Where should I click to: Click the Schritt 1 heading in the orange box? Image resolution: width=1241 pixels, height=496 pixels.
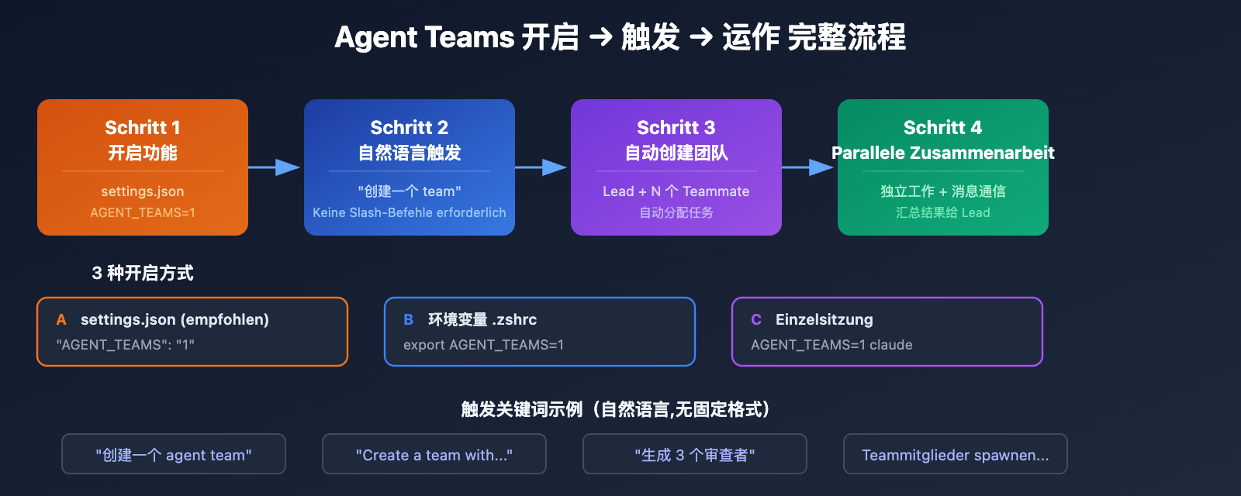143,127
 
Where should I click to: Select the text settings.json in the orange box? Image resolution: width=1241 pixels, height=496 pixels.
143,191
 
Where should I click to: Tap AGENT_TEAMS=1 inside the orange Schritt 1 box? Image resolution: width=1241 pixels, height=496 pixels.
143,212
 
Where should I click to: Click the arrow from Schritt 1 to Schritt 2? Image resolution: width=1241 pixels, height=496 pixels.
275,167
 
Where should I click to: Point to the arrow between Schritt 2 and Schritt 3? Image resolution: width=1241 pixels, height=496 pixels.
542,167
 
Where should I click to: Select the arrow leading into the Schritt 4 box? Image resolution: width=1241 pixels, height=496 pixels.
809,167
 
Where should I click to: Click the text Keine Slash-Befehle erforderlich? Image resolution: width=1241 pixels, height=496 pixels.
410,212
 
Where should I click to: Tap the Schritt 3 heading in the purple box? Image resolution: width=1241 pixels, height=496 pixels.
676,127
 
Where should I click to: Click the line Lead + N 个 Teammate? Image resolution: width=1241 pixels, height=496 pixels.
676,191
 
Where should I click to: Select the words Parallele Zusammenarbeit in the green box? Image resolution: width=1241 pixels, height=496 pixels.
943,153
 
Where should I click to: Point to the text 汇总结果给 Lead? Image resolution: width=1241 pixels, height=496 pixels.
943,212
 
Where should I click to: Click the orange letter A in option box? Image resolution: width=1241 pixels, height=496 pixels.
61,320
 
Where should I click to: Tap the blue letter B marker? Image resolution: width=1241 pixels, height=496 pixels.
409,320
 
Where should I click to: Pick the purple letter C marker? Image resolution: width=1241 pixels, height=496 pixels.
756,320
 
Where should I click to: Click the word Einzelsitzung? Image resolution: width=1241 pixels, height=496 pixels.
824,319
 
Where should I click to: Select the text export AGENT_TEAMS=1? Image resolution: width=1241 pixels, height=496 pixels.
483,345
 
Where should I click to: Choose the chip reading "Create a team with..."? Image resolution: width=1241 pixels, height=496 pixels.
434,455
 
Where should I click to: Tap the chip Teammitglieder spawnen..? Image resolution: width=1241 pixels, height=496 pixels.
955,455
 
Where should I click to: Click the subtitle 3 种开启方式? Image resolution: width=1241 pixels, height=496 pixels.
143,273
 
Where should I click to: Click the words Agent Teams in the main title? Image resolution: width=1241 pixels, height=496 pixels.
424,37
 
